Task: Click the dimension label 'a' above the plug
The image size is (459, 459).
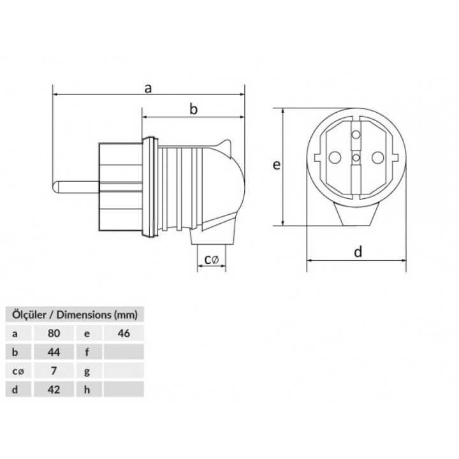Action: click(148, 89)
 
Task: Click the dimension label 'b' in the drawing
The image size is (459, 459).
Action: click(194, 110)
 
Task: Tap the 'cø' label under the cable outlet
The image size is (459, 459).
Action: click(211, 259)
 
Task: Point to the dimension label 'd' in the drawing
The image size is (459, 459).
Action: click(358, 252)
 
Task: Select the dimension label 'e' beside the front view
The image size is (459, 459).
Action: click(276, 165)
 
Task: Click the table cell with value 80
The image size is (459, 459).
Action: click(54, 332)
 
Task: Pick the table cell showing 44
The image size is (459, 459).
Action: click(54, 351)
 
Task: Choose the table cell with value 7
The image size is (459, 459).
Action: click(54, 370)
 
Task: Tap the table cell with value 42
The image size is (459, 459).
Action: click(54, 389)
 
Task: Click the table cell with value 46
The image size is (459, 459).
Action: click(123, 332)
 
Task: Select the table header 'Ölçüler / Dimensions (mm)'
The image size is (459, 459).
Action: click(71, 314)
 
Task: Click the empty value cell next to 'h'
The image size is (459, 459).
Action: click(123, 389)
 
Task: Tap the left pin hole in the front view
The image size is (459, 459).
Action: click(333, 156)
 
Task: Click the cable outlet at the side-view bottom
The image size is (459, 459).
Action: click(211, 245)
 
